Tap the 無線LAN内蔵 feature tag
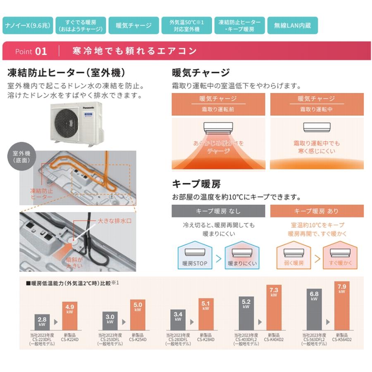[x=292, y=26]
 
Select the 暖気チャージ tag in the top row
[x=134, y=26]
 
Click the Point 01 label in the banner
[x=31, y=51]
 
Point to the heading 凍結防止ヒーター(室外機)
[x=67, y=73]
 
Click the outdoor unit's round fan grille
[x=67, y=122]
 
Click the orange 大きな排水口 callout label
[x=114, y=222]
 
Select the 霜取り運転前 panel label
[x=218, y=109]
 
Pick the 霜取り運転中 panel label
[x=316, y=109]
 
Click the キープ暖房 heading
[x=196, y=184]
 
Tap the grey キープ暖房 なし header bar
[x=218, y=211]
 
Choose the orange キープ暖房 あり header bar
[x=317, y=211]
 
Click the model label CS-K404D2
[x=274, y=339]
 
